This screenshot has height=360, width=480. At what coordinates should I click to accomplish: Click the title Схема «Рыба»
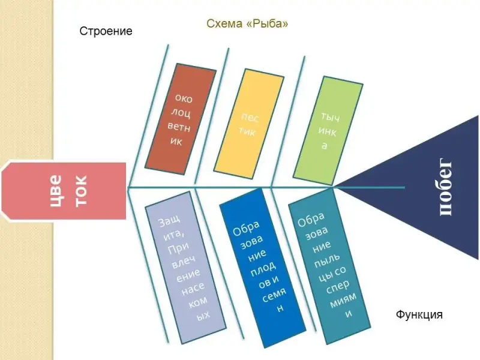pyautogui.click(x=247, y=24)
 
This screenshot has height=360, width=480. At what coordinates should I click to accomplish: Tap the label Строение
pyautogui.click(x=106, y=31)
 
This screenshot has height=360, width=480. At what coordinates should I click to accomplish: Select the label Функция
pyautogui.click(x=419, y=314)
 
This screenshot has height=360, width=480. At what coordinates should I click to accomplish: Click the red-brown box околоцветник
pyautogui.click(x=181, y=119)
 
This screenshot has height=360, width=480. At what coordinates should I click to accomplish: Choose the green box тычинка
pyautogui.click(x=328, y=128)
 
